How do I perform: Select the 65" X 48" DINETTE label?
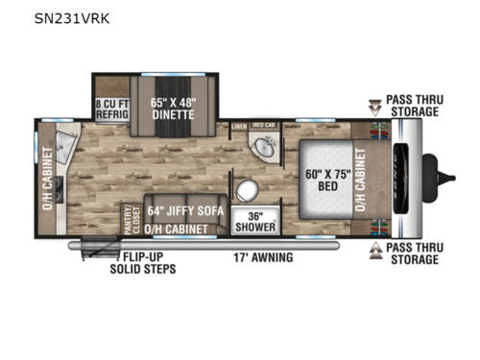tap(174, 106)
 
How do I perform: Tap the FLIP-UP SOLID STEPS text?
tap(150, 263)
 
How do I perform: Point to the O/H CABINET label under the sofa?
tap(184, 228)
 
